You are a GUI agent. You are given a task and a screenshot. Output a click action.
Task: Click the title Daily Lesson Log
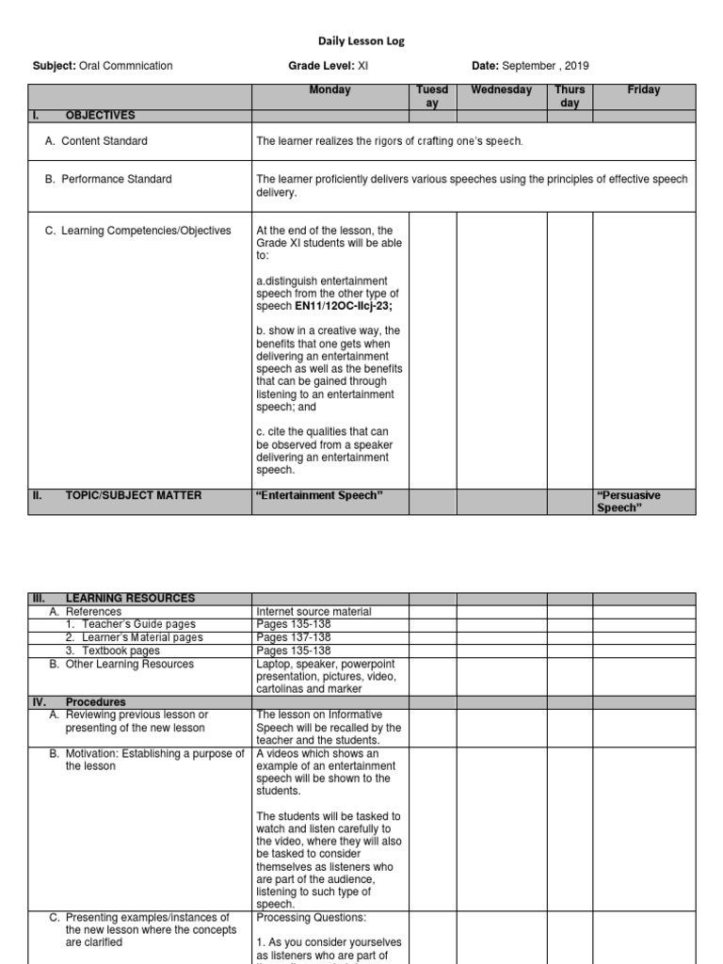(x=361, y=41)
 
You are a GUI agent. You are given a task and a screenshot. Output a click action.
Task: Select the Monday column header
(x=329, y=90)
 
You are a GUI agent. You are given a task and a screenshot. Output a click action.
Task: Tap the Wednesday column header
(x=502, y=90)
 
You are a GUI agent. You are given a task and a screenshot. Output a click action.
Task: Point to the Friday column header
(x=644, y=90)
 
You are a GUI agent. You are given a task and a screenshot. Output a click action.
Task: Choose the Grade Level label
(x=320, y=66)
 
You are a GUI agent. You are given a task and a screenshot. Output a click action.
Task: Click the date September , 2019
(x=546, y=66)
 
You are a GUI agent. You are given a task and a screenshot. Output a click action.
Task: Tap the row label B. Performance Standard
(x=108, y=179)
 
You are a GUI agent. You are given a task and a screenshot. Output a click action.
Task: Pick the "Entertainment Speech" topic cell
(x=319, y=495)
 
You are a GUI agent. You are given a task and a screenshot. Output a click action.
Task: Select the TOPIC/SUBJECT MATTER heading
(x=133, y=495)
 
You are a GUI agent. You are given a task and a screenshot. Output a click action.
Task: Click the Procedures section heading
(x=95, y=702)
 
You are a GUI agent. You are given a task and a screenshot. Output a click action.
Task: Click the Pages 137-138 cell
(x=294, y=638)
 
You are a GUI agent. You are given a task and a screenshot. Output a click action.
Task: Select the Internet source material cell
(x=313, y=612)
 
